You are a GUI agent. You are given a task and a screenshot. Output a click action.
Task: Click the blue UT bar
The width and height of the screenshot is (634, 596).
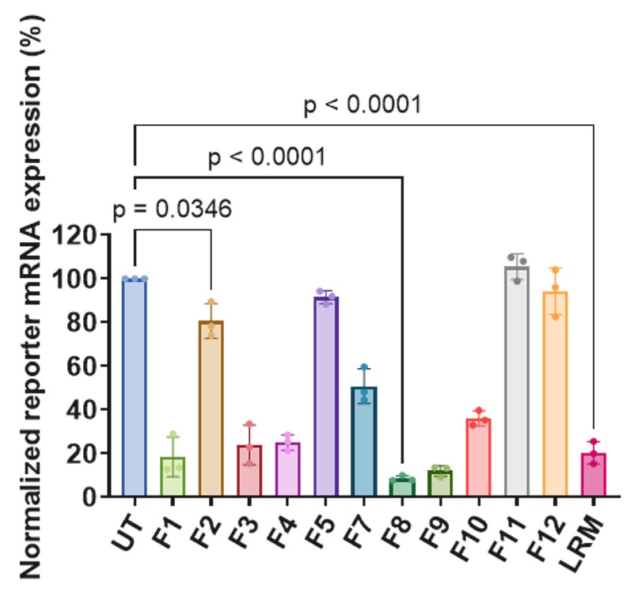tap(135, 388)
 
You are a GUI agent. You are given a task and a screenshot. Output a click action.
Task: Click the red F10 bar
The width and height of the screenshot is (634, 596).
tap(479, 458)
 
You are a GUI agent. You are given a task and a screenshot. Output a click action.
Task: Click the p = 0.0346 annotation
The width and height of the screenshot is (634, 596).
tap(172, 211)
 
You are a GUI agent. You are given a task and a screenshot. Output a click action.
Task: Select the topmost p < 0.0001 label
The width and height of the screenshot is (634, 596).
tap(362, 105)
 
